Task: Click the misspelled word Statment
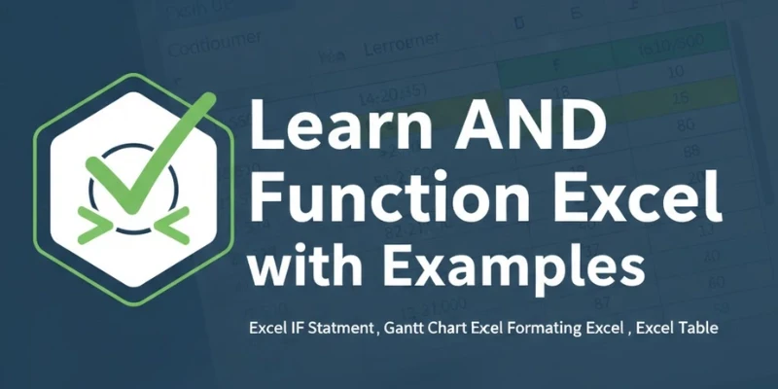tap(338, 329)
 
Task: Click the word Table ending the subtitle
tap(697, 329)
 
